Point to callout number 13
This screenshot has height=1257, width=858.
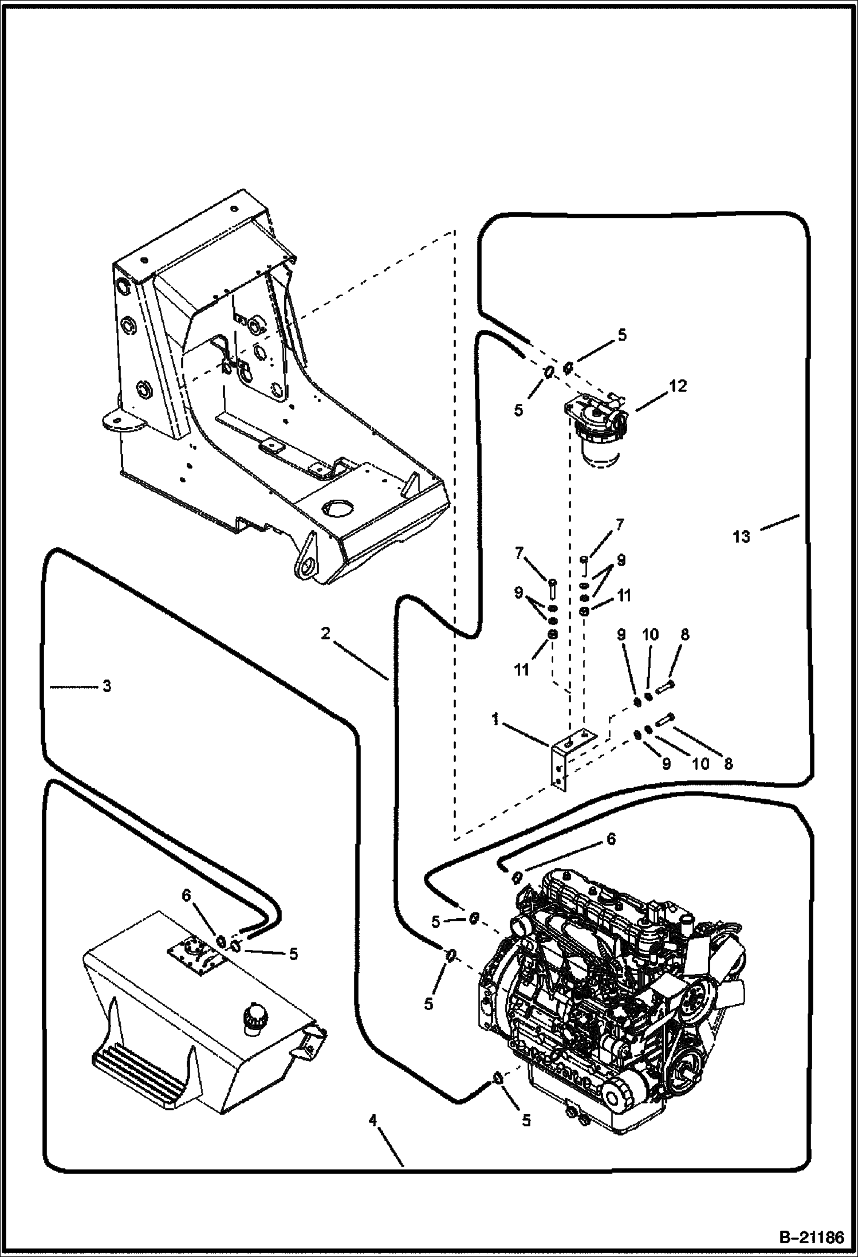741,537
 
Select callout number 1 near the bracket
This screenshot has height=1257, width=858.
495,719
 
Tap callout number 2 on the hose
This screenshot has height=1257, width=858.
325,634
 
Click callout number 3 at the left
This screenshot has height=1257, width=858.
107,686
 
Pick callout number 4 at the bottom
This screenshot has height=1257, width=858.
373,1119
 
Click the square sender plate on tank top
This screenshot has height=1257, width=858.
195,953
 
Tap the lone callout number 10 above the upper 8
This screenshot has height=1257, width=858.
650,635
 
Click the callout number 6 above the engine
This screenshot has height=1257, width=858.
611,839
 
